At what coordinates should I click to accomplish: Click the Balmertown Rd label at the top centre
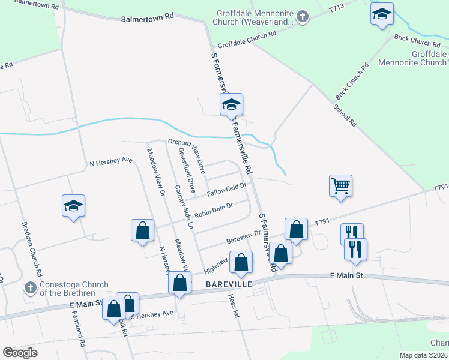pos(147,18)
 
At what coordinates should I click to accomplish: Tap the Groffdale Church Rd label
pos(247,40)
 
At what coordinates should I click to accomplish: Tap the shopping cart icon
pos(340,186)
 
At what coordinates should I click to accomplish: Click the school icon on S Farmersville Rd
pos(231,105)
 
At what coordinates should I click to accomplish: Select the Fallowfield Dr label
pos(228,190)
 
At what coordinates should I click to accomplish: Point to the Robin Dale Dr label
pos(213,211)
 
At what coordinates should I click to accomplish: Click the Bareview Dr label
pos(244,236)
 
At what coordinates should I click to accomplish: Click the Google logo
pos(20,352)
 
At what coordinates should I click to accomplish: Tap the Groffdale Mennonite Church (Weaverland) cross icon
pos(303,16)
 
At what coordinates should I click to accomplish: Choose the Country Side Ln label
pos(183,207)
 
